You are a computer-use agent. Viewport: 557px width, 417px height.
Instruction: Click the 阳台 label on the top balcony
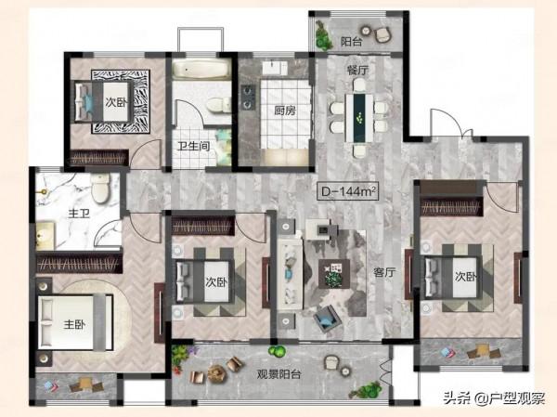point(352,42)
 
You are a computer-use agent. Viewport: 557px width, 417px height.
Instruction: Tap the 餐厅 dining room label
point(357,71)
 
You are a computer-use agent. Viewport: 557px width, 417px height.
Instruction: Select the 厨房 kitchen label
point(285,111)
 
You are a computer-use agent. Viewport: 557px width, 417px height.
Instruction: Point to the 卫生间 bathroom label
point(194,146)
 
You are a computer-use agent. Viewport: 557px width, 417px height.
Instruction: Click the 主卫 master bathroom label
point(79,214)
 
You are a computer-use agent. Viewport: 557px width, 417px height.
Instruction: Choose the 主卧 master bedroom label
point(74,324)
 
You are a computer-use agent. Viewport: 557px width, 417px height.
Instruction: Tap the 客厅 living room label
point(384,273)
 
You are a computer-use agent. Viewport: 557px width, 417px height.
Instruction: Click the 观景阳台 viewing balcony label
point(279,374)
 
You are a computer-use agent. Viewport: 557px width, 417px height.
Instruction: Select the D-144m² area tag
point(348,191)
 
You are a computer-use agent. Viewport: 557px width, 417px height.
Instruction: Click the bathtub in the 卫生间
point(201,69)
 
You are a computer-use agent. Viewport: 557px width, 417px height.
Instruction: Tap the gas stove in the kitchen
point(248,97)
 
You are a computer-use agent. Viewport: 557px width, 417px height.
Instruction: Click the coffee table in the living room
point(334,274)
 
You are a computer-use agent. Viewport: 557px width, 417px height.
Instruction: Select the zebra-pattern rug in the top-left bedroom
point(121,101)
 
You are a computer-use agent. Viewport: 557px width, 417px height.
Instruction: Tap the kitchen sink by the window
point(275,68)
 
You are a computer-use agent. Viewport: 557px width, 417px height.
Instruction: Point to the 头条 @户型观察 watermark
point(495,398)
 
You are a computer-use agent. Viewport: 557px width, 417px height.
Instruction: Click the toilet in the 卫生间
point(217,105)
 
